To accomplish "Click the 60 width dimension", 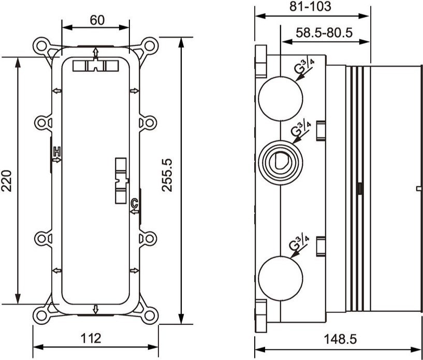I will click(x=97, y=20).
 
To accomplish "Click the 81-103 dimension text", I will click(x=311, y=7).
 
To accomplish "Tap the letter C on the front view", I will click(x=134, y=202).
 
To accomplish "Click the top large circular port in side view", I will click(x=280, y=96).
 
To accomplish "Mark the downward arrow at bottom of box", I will click(x=96, y=309).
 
